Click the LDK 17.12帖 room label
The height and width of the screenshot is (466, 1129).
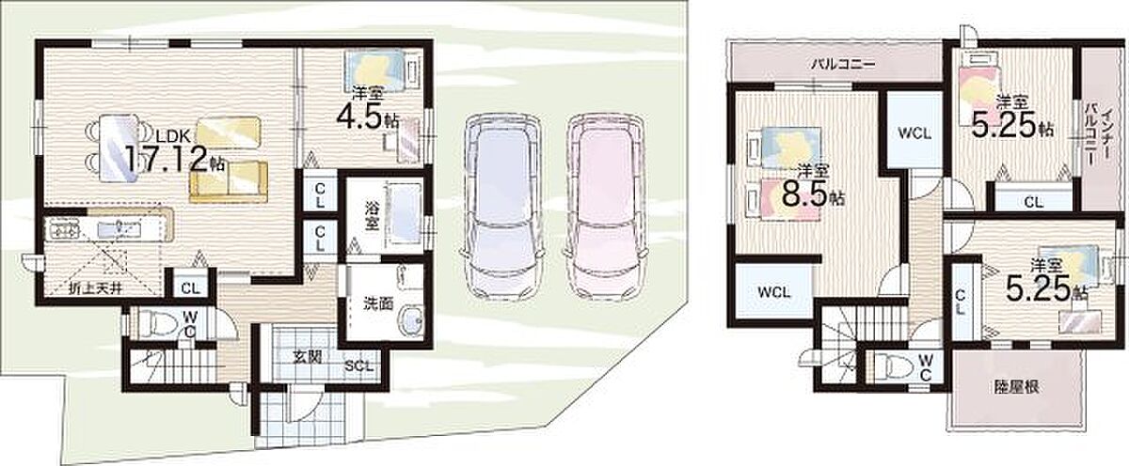coord(174,152)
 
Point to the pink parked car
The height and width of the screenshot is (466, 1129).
coord(605,208)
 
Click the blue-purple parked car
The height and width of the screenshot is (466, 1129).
coord(503,208)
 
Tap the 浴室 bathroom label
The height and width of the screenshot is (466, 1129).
coord(372,216)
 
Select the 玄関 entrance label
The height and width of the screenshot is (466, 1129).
coord(308,357)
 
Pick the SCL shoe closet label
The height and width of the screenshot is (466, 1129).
coord(358,365)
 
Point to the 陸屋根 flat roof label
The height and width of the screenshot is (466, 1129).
coord(1016,386)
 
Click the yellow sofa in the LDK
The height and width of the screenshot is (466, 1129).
coord(229,181)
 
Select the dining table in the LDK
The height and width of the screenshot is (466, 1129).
coord(119,148)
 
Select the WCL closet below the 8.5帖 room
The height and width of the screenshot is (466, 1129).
coord(774,292)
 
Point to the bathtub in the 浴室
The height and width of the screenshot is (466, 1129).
coord(405,214)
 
